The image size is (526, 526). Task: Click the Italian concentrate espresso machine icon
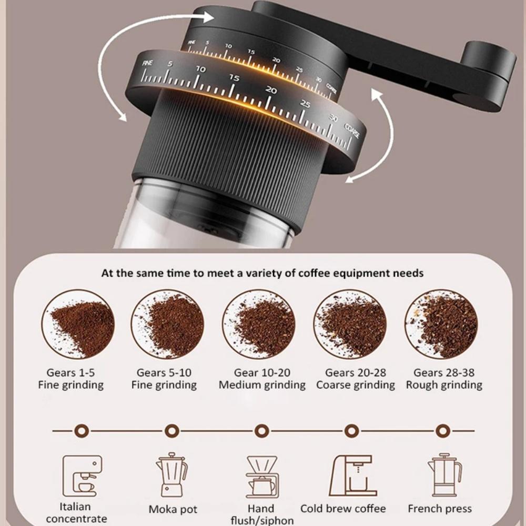pyautogui.click(x=82, y=476)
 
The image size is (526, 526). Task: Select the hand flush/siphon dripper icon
pyautogui.click(x=261, y=477)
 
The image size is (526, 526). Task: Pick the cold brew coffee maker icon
pyautogui.click(x=353, y=476)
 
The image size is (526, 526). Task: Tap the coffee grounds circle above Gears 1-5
pyautogui.click(x=78, y=324)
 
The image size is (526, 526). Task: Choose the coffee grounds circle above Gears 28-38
pyautogui.click(x=441, y=324)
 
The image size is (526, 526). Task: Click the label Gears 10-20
pyautogui.click(x=262, y=373)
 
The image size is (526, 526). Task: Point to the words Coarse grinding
pyautogui.click(x=356, y=385)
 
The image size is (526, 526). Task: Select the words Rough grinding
pyautogui.click(x=444, y=385)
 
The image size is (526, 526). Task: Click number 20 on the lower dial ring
pyautogui.click(x=271, y=90)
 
